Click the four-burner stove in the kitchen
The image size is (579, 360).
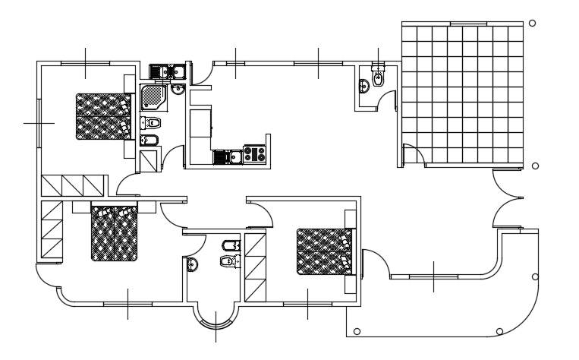[x=255, y=155]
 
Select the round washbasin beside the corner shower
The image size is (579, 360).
[x=178, y=90]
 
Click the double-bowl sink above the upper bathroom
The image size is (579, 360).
[x=168, y=72]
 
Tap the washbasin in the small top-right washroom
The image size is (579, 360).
[x=364, y=86]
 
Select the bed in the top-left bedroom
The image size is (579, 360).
[x=102, y=116]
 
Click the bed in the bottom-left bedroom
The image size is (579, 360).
[x=115, y=234]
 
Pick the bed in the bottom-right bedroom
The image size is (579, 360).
[x=325, y=251]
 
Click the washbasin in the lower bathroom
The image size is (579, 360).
[x=192, y=264]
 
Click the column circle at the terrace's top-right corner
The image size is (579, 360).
[x=532, y=23]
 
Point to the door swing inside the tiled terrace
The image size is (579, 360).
[x=414, y=154]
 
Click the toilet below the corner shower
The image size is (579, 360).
[x=152, y=122]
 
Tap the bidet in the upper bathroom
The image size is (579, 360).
[x=149, y=140]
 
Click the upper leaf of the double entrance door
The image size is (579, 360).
[x=506, y=183]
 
